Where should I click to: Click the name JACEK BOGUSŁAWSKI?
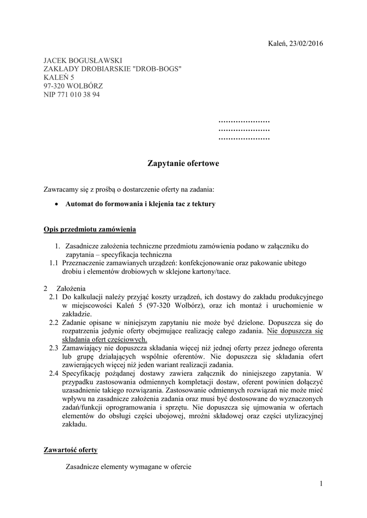pyautogui.click(x=83, y=60)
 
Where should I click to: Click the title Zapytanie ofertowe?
pyautogui.click(x=183, y=163)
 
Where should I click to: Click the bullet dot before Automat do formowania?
pyautogui.click(x=57, y=204)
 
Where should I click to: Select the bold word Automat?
pyautogui.click(x=80, y=204)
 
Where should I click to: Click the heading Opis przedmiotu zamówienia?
pyautogui.click(x=90, y=230)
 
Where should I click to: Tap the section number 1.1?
pyautogui.click(x=54, y=263)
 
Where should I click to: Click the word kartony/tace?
pyautogui.click(x=212, y=272)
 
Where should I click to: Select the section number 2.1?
pyautogui.click(x=54, y=297)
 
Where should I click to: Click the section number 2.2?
pyautogui.click(x=54, y=322)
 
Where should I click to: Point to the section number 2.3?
pyautogui.click(x=54, y=348)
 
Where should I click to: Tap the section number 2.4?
pyautogui.click(x=54, y=374)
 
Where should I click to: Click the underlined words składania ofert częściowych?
pyautogui.click(x=104, y=339)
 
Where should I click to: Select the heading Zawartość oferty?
pyautogui.click(x=70, y=450)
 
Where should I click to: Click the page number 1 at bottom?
pyautogui.click(x=321, y=484)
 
